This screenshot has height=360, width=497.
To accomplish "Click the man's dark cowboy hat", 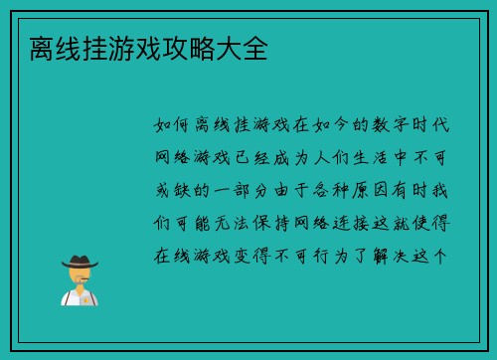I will point(79,262).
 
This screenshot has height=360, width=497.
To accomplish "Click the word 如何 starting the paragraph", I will point(175,126).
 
